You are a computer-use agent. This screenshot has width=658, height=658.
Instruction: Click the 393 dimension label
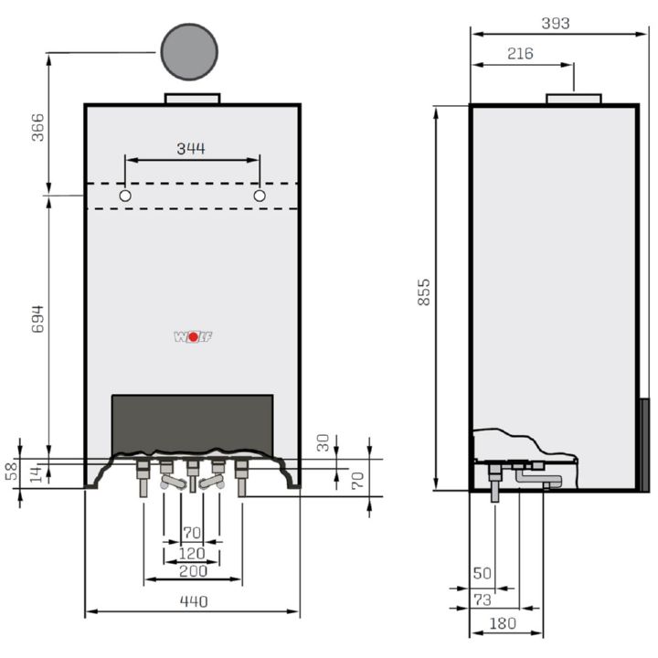pyautogui.click(x=556, y=23)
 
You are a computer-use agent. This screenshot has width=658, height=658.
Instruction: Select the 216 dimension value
pyautogui.click(x=520, y=53)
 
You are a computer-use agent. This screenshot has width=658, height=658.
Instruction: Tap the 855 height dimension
pyautogui.click(x=424, y=292)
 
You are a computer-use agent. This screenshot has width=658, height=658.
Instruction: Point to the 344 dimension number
pyautogui.click(x=191, y=148)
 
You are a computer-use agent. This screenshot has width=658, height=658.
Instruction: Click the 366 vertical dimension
pyautogui.click(x=37, y=127)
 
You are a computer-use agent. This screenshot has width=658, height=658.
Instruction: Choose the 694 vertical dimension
pyautogui.click(x=37, y=319)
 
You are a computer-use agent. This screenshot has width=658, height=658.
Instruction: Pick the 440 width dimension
pyautogui.click(x=194, y=601)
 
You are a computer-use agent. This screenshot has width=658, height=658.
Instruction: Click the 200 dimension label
pyautogui.click(x=193, y=571)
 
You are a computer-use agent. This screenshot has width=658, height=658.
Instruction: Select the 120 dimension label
pyautogui.click(x=192, y=554)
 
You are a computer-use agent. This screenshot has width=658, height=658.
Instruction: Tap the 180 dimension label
pyautogui.click(x=503, y=623)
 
